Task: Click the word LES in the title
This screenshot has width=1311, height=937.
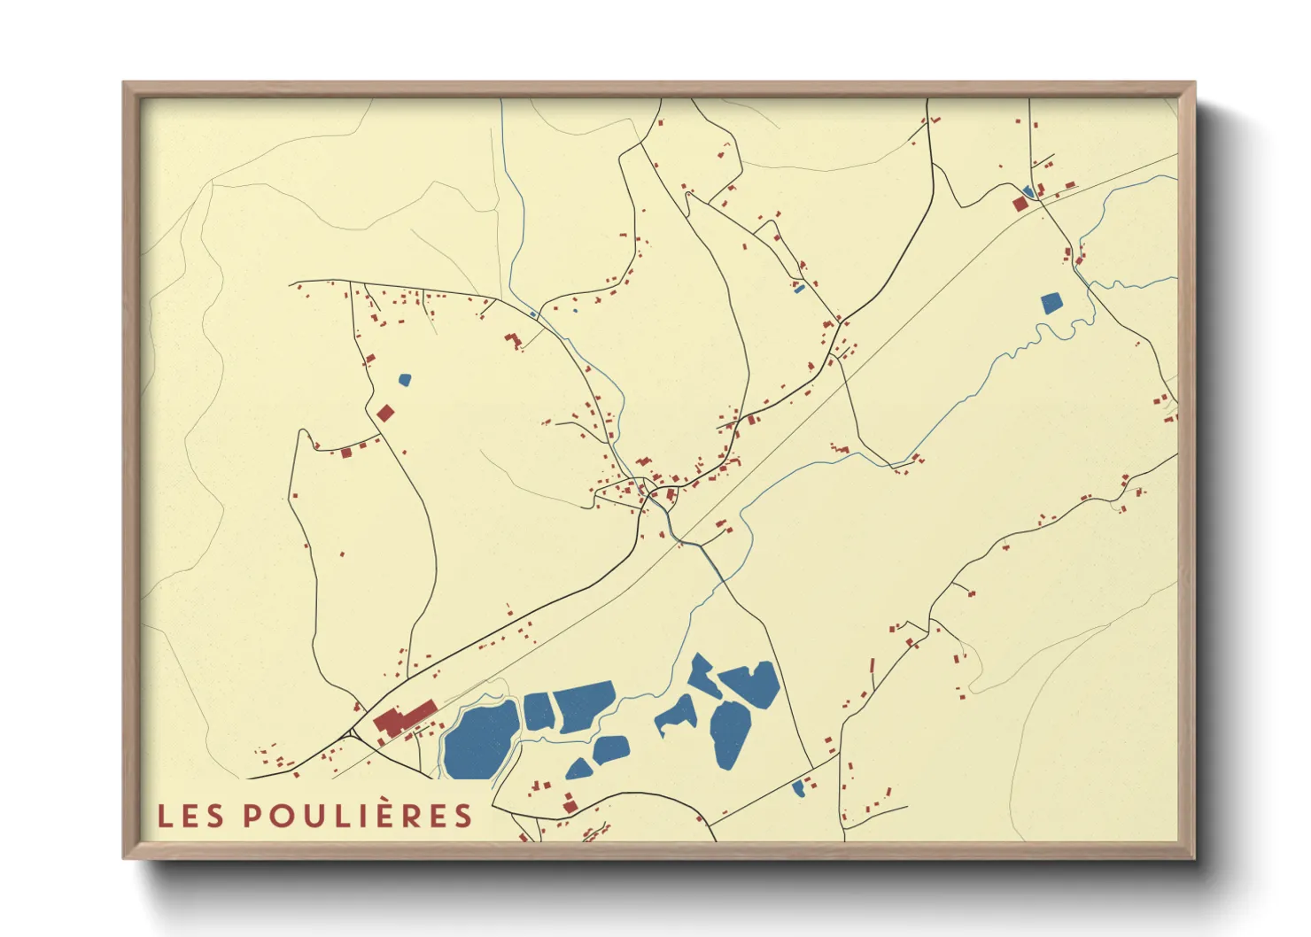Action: [190, 816]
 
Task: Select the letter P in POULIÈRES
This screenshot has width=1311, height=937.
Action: [252, 816]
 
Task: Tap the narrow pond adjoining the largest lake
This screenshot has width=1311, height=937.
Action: [538, 711]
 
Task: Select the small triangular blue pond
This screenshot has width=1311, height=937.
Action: [578, 769]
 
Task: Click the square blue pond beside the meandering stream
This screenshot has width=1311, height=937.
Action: [1051, 304]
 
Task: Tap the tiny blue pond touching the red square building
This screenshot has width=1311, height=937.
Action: [1028, 191]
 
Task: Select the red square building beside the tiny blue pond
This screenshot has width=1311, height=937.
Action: [1020, 204]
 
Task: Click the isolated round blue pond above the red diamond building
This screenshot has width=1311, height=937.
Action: [405, 380]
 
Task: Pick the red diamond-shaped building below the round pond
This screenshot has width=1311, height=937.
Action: [384, 413]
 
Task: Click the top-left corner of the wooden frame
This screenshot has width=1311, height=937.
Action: [125, 84]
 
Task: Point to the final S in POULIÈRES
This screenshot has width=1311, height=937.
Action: [464, 816]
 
